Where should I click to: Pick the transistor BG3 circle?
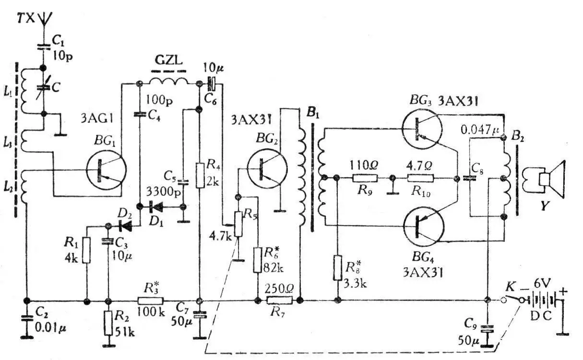[x=422, y=129]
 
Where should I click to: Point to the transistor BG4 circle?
[x=424, y=227]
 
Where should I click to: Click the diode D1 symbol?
[x=156, y=207]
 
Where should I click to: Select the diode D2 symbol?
[x=125, y=226]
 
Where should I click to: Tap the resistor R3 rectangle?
[x=151, y=300]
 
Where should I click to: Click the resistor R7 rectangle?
[x=280, y=300]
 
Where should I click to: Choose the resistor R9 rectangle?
[x=365, y=178]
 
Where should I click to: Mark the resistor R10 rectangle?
[x=421, y=178]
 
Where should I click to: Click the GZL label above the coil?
[x=168, y=60]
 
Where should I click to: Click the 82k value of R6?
[x=274, y=268]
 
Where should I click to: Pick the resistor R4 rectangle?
[x=200, y=176]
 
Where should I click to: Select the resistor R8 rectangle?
[x=337, y=267]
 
